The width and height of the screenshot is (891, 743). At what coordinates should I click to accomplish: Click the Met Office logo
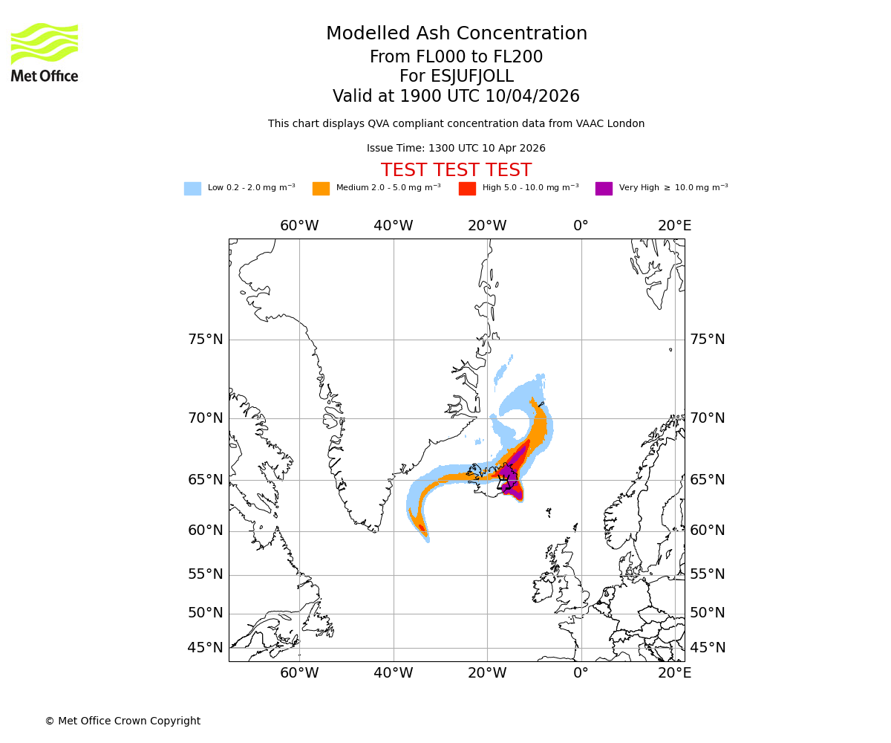45,52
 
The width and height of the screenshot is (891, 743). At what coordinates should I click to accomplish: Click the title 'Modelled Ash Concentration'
456,33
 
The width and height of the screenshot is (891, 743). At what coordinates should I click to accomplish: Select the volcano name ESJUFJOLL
456,77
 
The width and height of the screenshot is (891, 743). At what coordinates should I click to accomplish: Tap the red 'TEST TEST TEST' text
456,170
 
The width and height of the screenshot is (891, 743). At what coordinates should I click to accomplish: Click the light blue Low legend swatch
192,189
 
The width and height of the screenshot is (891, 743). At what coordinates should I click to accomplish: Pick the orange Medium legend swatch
321,189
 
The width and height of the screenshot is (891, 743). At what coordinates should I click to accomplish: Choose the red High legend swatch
467,189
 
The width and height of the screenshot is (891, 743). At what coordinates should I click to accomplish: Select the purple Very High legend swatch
604,189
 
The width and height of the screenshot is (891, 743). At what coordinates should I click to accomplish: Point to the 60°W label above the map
299,226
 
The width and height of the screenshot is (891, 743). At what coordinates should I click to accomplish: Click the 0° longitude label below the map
581,673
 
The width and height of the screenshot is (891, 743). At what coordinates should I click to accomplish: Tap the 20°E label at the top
674,226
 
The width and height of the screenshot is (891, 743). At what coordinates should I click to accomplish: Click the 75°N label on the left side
205,340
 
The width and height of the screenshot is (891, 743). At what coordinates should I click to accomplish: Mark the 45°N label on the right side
708,648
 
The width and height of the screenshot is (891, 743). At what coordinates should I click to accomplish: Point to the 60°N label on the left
205,531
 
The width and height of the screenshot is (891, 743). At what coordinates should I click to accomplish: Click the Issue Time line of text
456,148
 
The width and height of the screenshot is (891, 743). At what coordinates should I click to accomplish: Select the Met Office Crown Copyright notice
123,721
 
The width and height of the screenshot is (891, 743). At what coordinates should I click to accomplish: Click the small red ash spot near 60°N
422,528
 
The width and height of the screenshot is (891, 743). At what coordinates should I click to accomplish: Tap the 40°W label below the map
393,673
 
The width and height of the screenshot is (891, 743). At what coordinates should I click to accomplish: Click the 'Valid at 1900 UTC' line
456,97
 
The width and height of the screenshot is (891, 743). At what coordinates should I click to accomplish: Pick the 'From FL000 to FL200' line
456,57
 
